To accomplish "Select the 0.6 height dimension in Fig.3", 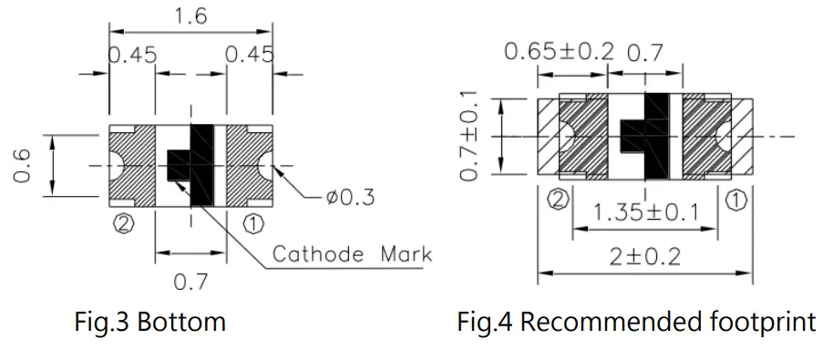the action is click(x=22, y=166).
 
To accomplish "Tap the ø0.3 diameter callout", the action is click(x=351, y=198).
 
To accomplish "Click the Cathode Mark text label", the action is click(x=352, y=254).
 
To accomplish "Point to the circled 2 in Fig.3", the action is click(x=123, y=224).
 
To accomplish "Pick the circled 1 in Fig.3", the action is click(x=253, y=224).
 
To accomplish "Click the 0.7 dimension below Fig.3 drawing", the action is click(x=190, y=282).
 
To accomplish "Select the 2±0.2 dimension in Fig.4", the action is click(x=644, y=258).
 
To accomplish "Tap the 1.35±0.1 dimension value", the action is click(x=645, y=213).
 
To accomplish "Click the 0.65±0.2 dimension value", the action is click(x=559, y=52).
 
